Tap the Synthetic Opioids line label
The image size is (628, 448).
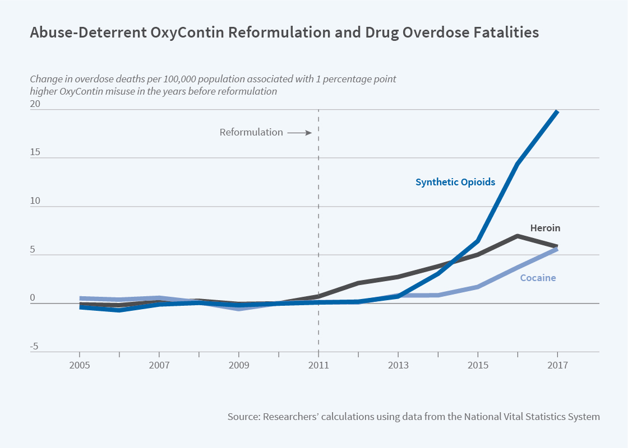(x=455, y=182)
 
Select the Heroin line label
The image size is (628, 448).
(x=545, y=228)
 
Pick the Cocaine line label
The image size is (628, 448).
(x=538, y=278)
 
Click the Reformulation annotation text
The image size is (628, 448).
(x=251, y=133)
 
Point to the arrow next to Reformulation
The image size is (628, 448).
(x=299, y=133)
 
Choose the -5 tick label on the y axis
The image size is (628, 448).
(x=34, y=347)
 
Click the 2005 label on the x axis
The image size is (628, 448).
(x=80, y=365)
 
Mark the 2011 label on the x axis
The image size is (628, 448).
(x=318, y=365)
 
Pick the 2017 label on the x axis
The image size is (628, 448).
(x=557, y=365)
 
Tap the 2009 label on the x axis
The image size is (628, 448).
(x=239, y=365)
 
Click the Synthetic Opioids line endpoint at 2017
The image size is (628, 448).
(x=557, y=111)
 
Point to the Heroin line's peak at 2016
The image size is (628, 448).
(x=518, y=236)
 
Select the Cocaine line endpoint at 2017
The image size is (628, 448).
(x=557, y=249)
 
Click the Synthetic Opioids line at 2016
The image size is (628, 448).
(x=518, y=164)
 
